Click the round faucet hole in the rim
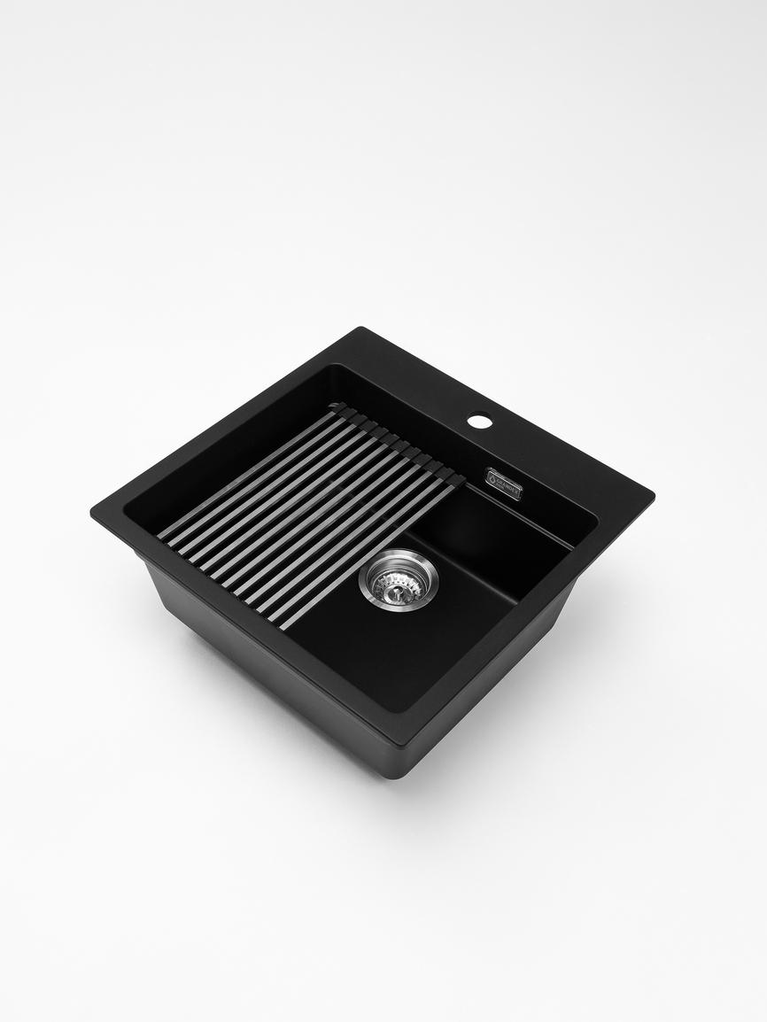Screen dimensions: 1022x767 click(479, 422)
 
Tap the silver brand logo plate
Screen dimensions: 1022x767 click(503, 484)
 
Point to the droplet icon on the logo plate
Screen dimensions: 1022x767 click(493, 478)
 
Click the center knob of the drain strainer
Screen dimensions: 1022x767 click(398, 580)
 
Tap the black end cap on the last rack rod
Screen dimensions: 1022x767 click(455, 479)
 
